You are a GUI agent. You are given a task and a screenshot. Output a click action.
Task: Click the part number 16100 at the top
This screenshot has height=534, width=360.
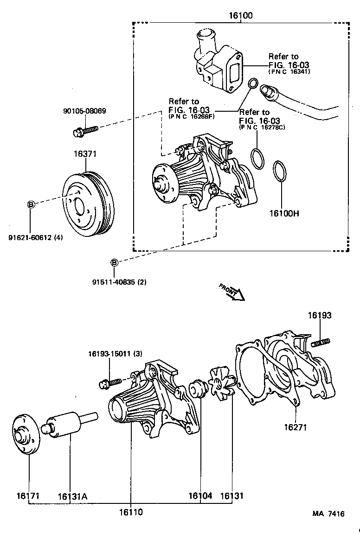click(x=240, y=15)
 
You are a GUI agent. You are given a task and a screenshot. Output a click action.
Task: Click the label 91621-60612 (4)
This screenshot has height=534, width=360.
click(x=35, y=238)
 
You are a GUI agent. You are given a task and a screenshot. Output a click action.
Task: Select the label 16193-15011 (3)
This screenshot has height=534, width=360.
click(x=115, y=354)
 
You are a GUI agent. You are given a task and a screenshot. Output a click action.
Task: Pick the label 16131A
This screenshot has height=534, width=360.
click(x=73, y=496)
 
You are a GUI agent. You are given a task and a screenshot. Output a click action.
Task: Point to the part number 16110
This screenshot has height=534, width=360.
click(x=130, y=512)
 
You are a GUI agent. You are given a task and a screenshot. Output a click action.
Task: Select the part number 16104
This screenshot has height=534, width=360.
click(x=200, y=496)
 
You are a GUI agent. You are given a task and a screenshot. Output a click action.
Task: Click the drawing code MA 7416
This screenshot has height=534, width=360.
click(x=328, y=514)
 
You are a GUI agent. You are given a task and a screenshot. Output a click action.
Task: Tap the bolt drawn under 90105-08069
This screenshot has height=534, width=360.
click(x=86, y=130)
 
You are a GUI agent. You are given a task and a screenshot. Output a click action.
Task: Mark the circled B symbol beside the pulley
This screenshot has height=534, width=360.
click(x=31, y=204)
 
